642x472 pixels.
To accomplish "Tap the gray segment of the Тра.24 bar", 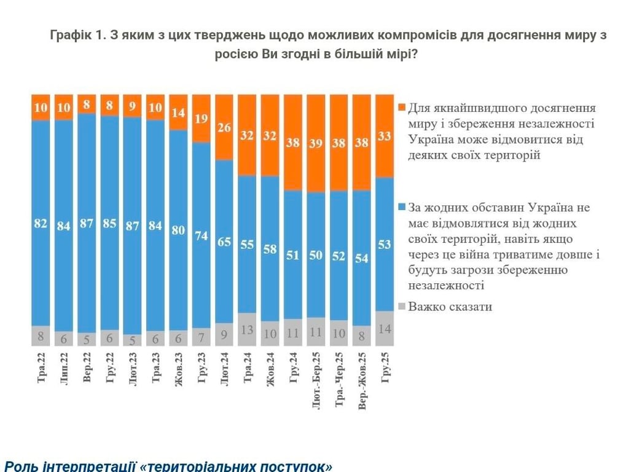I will [x=247, y=329].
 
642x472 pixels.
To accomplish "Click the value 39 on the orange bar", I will [x=315, y=143].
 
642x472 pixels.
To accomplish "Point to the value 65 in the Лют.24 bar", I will [x=224, y=242].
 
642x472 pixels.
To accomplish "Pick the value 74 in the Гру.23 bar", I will [x=201, y=235].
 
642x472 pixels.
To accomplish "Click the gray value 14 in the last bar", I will [x=385, y=329].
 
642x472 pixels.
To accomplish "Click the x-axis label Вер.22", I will [x=87, y=368].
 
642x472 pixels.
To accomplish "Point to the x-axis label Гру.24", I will [x=293, y=368].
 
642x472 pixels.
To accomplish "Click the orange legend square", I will [x=402, y=108].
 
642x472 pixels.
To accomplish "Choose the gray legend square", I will [x=402, y=306].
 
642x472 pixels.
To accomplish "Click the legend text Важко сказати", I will [x=450, y=306].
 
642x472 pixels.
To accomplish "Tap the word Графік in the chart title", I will [x=70, y=35].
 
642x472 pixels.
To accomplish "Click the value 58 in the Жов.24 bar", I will [x=270, y=249].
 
